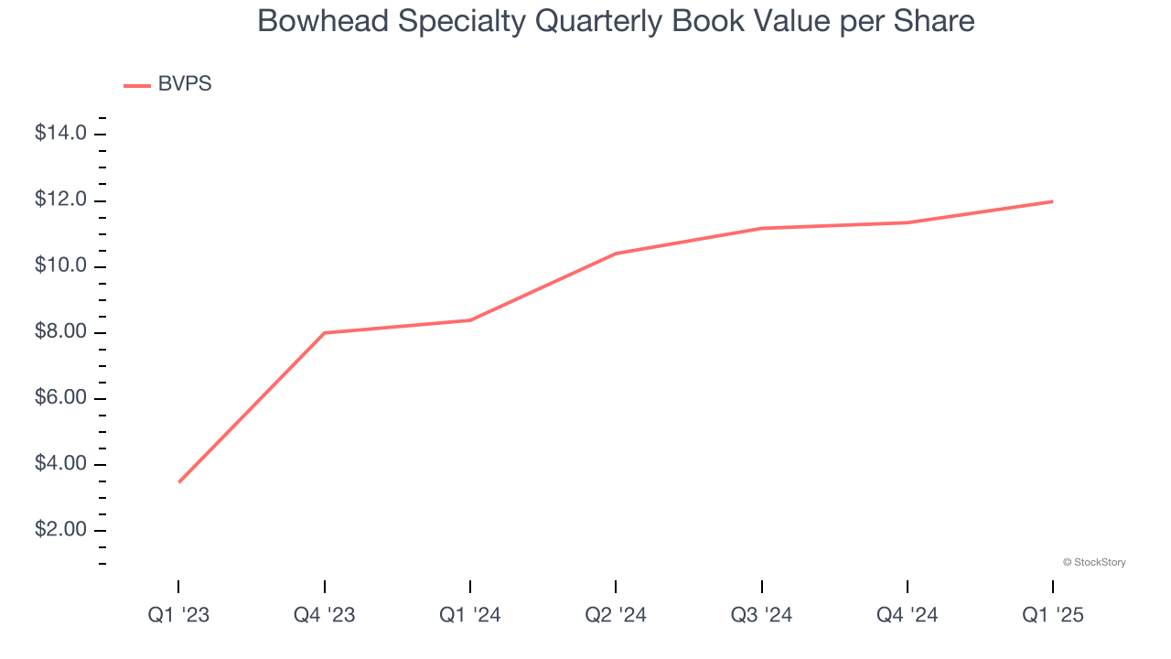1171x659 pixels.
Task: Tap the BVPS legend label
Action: (185, 84)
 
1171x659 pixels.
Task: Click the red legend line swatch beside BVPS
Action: (137, 86)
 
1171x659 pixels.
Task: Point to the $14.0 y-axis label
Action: (60, 134)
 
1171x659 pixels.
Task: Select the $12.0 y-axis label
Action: (60, 200)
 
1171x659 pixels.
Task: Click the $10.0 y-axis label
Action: (60, 266)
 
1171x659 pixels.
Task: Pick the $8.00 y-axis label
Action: (60, 332)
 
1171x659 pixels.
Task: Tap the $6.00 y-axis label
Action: (60, 398)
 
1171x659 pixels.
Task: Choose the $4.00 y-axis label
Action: (60, 464)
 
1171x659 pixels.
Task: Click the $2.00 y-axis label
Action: (60, 530)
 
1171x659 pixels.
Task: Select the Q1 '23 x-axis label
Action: (178, 615)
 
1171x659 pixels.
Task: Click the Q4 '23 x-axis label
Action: (324, 615)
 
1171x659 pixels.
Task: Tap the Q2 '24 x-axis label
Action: (616, 615)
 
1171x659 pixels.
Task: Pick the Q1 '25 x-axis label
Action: (1052, 615)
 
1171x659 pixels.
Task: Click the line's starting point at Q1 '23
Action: (178, 481)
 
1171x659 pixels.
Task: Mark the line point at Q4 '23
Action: (324, 333)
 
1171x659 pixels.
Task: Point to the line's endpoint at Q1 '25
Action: (1052, 201)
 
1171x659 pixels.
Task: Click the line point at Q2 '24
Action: (616, 254)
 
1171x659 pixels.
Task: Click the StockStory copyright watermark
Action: (1094, 562)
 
